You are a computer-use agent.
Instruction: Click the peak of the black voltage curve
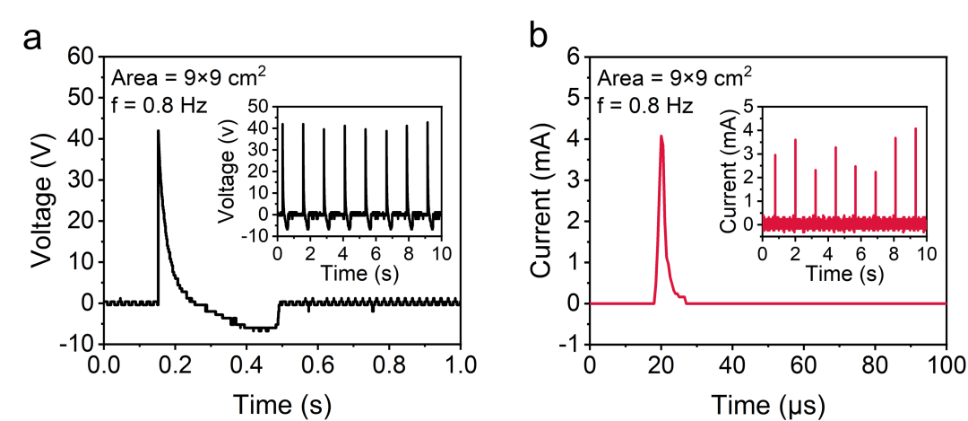[159, 131]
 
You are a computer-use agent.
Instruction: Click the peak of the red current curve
[661, 136]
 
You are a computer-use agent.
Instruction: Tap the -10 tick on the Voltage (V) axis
[78, 344]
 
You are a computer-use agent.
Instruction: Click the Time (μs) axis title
[767, 405]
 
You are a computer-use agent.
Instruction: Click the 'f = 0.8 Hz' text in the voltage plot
[160, 105]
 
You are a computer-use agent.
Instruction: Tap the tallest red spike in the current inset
[915, 129]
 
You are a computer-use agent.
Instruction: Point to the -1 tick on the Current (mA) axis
[568, 344]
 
